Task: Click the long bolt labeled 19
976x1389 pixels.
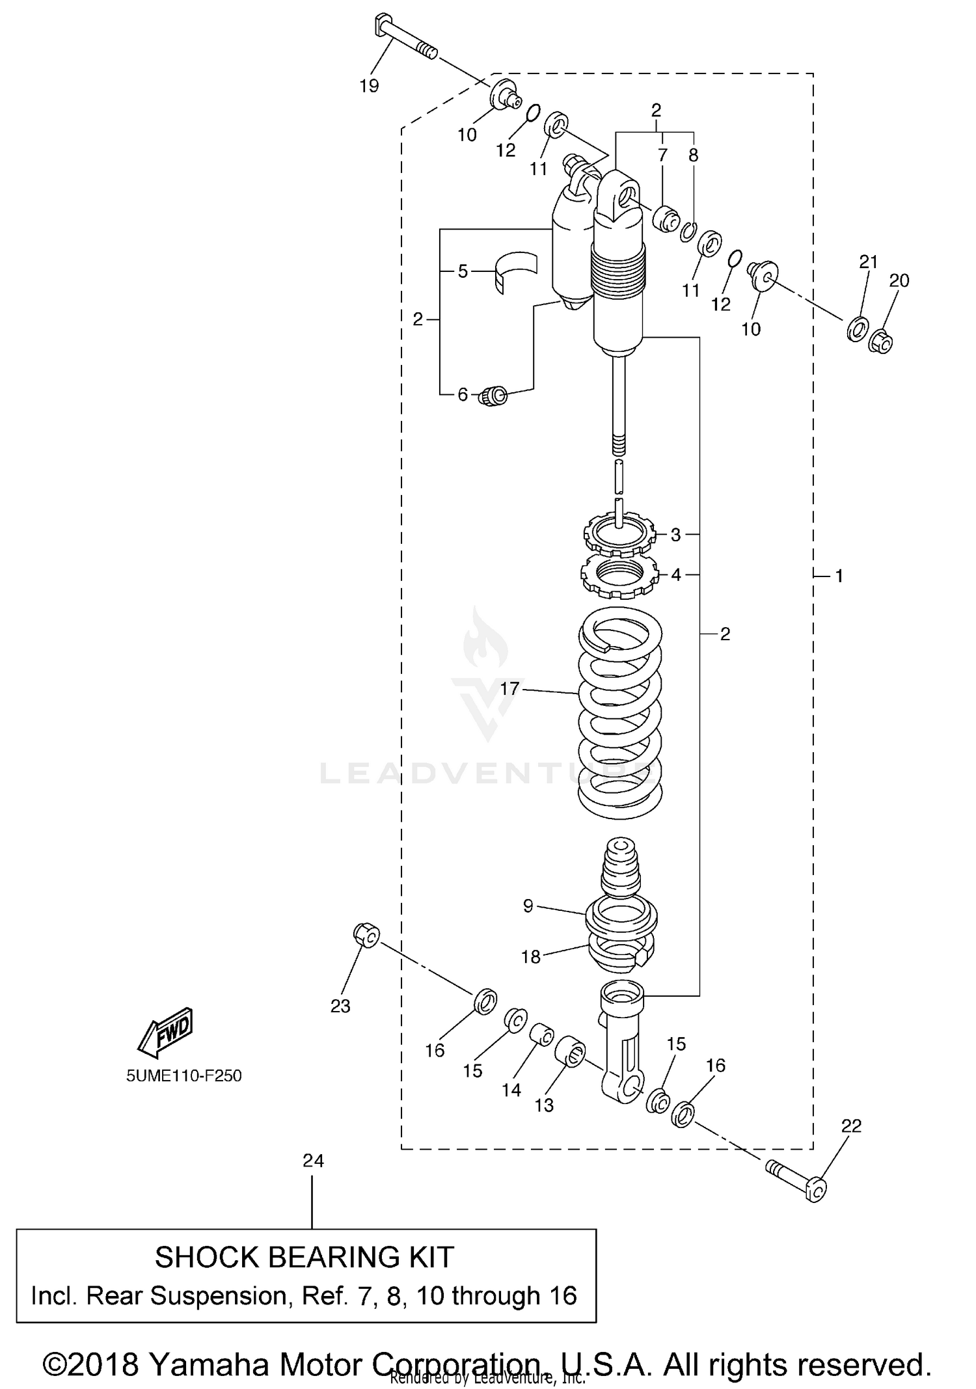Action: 406,39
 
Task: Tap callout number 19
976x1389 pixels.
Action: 369,86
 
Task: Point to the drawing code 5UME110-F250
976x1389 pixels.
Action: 184,1075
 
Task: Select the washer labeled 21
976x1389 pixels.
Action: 858,329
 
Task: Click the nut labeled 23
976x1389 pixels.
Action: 366,935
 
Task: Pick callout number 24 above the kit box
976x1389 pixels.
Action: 313,1161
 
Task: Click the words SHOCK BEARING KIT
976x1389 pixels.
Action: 304,1257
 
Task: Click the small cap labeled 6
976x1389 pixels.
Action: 493,395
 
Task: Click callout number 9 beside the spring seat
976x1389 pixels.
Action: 528,906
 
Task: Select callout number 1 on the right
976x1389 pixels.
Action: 839,576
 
